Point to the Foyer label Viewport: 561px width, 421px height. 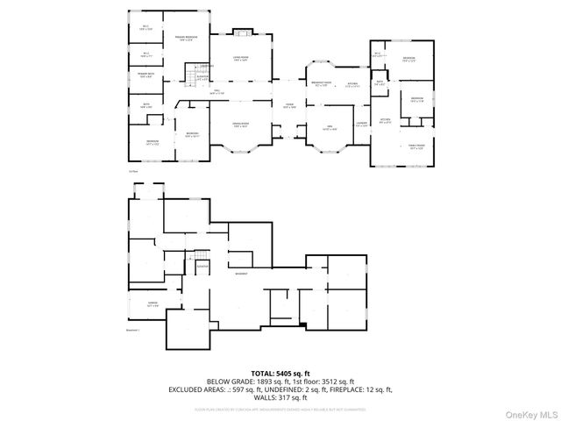pos(288,105)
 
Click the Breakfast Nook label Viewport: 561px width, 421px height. pos(321,84)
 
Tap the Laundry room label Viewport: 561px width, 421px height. pos(361,125)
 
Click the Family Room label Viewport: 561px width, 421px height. pos(415,147)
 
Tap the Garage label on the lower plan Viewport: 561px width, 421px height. pos(140,303)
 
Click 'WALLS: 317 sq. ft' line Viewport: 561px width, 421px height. pos(280,397)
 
